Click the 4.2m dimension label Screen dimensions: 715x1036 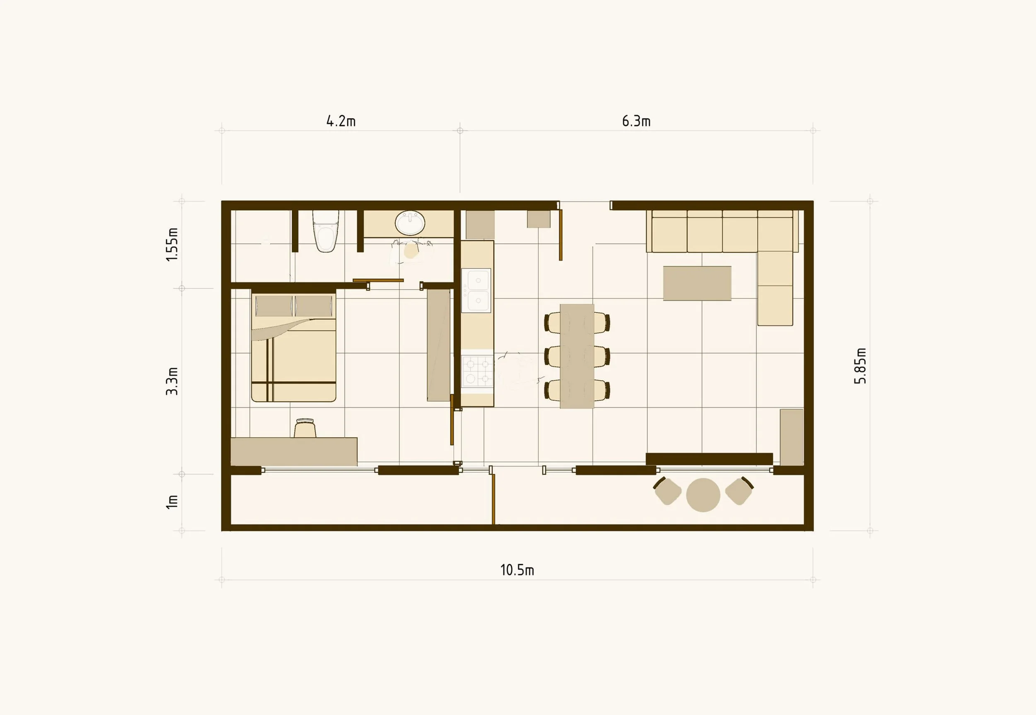(341, 121)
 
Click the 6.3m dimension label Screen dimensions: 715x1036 (636, 121)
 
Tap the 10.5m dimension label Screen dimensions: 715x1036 (517, 570)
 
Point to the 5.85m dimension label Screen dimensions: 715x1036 (860, 366)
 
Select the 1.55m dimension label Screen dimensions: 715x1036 (172, 244)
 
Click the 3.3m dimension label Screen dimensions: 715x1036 (172, 381)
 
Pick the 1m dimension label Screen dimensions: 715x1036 (172, 502)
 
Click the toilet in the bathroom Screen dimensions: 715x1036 (326, 232)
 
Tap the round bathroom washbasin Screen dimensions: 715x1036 (410, 223)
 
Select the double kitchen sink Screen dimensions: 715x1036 (476, 290)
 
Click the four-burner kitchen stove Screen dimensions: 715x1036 (477, 371)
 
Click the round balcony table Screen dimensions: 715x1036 (703, 494)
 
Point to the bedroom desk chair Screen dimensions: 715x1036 (305, 428)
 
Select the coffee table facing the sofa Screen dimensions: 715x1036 (697, 283)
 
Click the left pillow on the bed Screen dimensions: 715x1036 (274, 306)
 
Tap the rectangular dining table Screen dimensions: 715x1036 (577, 356)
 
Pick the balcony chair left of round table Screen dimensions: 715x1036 (667, 491)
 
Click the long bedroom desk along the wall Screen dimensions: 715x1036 (294, 451)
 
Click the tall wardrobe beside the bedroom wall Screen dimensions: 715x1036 (438, 345)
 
